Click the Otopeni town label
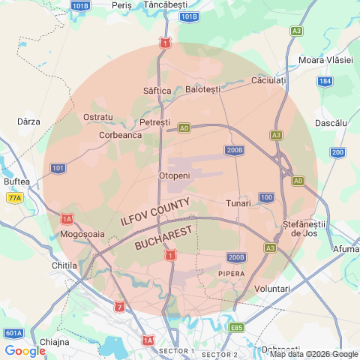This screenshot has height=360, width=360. [175, 175]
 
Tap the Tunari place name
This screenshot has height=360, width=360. [238, 203]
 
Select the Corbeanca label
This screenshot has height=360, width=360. [121, 136]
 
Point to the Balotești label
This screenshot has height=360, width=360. [203, 89]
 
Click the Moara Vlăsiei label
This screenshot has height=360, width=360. [325, 60]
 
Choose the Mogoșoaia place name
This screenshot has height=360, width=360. [82, 234]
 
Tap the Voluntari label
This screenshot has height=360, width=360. [272, 289]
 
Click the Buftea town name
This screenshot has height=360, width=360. [16, 181]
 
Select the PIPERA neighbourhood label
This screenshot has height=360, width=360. [231, 274]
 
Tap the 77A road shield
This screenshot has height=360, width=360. [14, 198]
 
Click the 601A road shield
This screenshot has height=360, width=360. [13, 333]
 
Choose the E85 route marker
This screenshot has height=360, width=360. [237, 328]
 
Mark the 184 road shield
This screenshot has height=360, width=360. [325, 81]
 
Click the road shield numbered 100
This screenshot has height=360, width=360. [266, 197]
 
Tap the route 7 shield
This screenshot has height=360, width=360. [120, 307]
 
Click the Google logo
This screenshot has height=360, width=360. [25, 350]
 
